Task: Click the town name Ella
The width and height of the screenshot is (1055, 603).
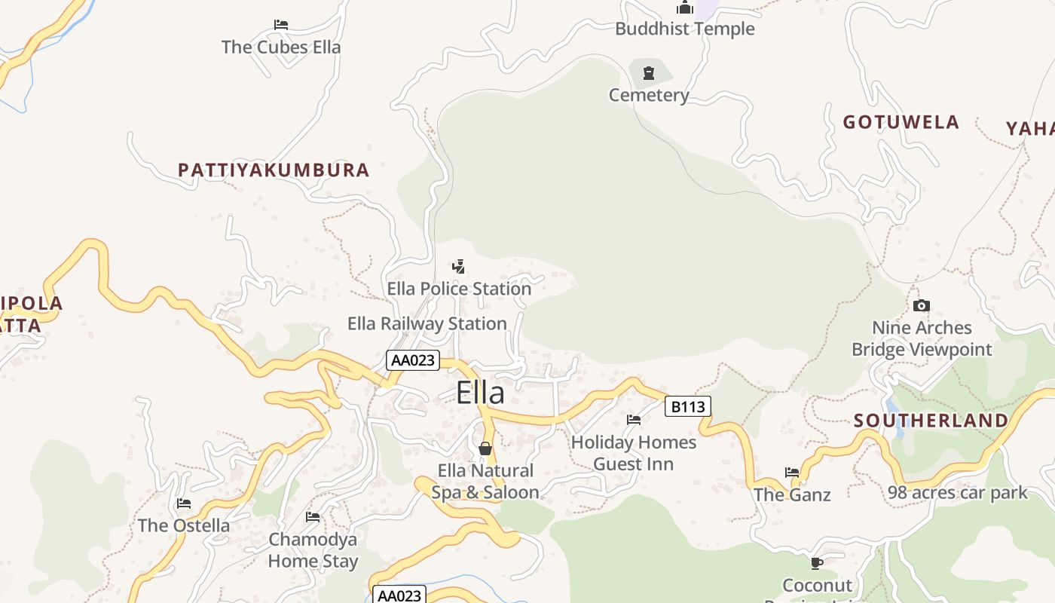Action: coord(480,393)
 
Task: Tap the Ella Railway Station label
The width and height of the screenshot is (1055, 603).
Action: coord(427,324)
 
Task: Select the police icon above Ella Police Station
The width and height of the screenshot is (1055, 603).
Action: coord(458,267)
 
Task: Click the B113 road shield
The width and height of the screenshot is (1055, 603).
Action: coord(688,407)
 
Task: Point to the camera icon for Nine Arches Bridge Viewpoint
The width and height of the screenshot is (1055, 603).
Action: coord(921,306)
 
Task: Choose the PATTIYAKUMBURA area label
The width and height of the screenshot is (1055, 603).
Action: coord(274,170)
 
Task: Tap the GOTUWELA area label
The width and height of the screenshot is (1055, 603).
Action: coord(901,122)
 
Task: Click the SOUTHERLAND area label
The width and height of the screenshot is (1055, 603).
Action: coord(931,421)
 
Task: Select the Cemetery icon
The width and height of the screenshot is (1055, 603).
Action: coord(648,73)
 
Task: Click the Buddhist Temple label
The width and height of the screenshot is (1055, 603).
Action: coord(684,29)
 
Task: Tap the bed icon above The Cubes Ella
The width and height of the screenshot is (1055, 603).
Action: coord(281,25)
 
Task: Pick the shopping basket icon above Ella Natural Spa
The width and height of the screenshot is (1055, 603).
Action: coord(485,448)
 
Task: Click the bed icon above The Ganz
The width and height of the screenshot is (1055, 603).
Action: coord(792,473)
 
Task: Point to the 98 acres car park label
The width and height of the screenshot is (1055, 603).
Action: coord(957,493)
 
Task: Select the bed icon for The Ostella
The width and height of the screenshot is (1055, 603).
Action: coord(184,504)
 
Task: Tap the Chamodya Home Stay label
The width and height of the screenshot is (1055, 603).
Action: coord(313,550)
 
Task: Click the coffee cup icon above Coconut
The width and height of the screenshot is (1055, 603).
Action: coord(816,563)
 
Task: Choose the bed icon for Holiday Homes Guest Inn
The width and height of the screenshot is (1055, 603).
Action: coord(634,420)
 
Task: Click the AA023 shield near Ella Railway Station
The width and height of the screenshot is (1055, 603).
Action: coord(412,360)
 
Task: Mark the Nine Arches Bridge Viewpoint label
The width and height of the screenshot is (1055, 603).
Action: coord(922,338)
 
